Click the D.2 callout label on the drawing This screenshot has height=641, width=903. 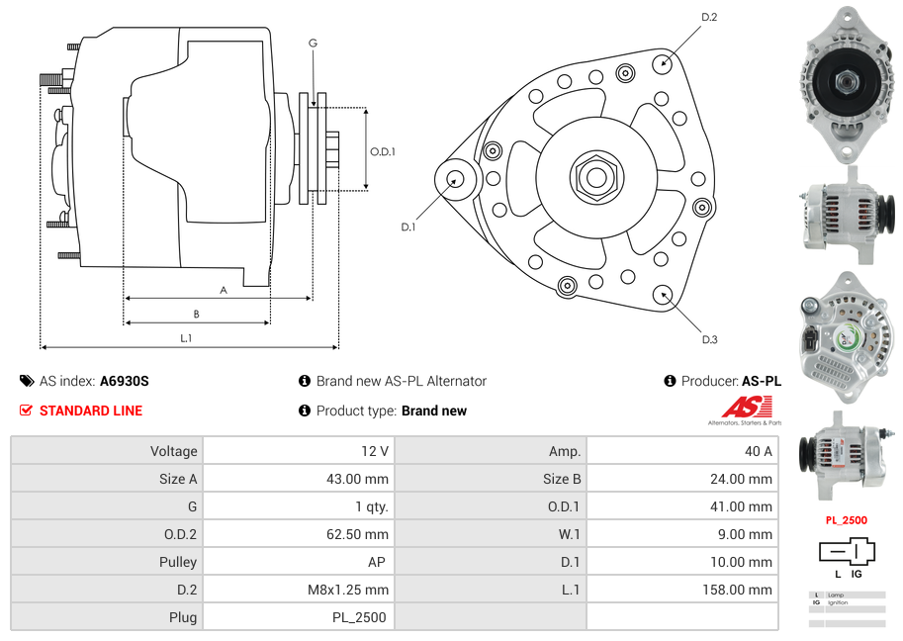point(709,17)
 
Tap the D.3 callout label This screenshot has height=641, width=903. point(709,339)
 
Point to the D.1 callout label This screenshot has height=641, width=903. point(408,228)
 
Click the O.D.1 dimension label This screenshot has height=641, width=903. point(383,151)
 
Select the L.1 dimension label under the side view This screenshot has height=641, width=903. point(186,338)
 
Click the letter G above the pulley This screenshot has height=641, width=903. point(313,43)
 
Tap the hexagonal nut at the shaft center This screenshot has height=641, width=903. point(595,177)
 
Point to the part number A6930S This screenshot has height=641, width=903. point(124,381)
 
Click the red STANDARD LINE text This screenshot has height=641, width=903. point(91,411)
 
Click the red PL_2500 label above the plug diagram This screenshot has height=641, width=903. point(847,519)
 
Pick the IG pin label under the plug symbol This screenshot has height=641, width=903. point(857,574)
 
